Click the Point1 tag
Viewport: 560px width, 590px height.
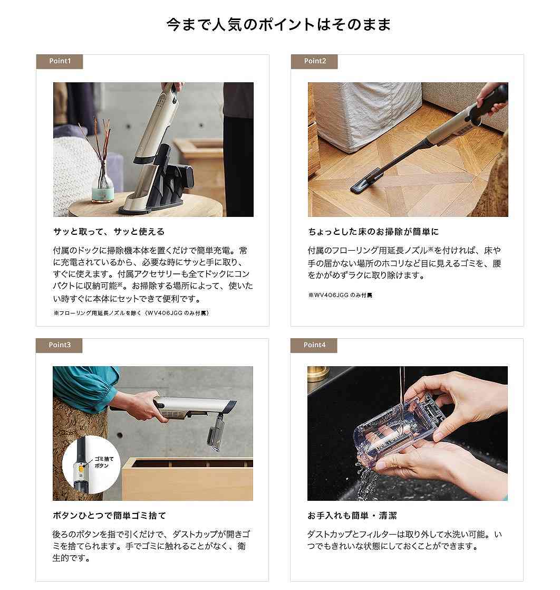[59, 61]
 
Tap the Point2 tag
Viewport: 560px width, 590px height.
[314, 61]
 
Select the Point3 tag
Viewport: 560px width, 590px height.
[59, 345]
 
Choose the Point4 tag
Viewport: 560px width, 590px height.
[314, 345]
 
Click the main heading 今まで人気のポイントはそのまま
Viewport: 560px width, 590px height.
[279, 25]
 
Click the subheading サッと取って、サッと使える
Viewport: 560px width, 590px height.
[109, 232]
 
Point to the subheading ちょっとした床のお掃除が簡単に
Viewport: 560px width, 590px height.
[373, 232]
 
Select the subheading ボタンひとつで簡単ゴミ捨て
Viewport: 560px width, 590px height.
[109, 516]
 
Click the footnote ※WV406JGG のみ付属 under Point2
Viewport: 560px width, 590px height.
[340, 296]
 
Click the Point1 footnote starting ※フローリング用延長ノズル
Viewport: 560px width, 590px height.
[131, 313]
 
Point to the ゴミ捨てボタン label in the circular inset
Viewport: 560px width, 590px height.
[103, 462]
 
